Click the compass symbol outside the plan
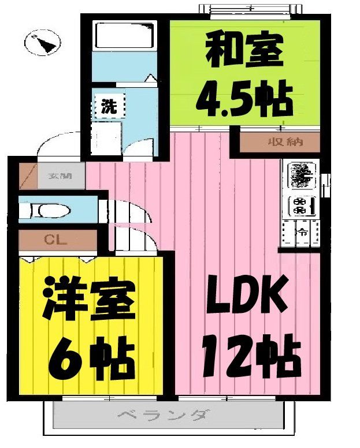point(43,43)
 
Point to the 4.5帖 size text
point(243,96)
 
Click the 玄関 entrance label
point(59,176)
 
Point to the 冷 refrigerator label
point(302,233)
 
